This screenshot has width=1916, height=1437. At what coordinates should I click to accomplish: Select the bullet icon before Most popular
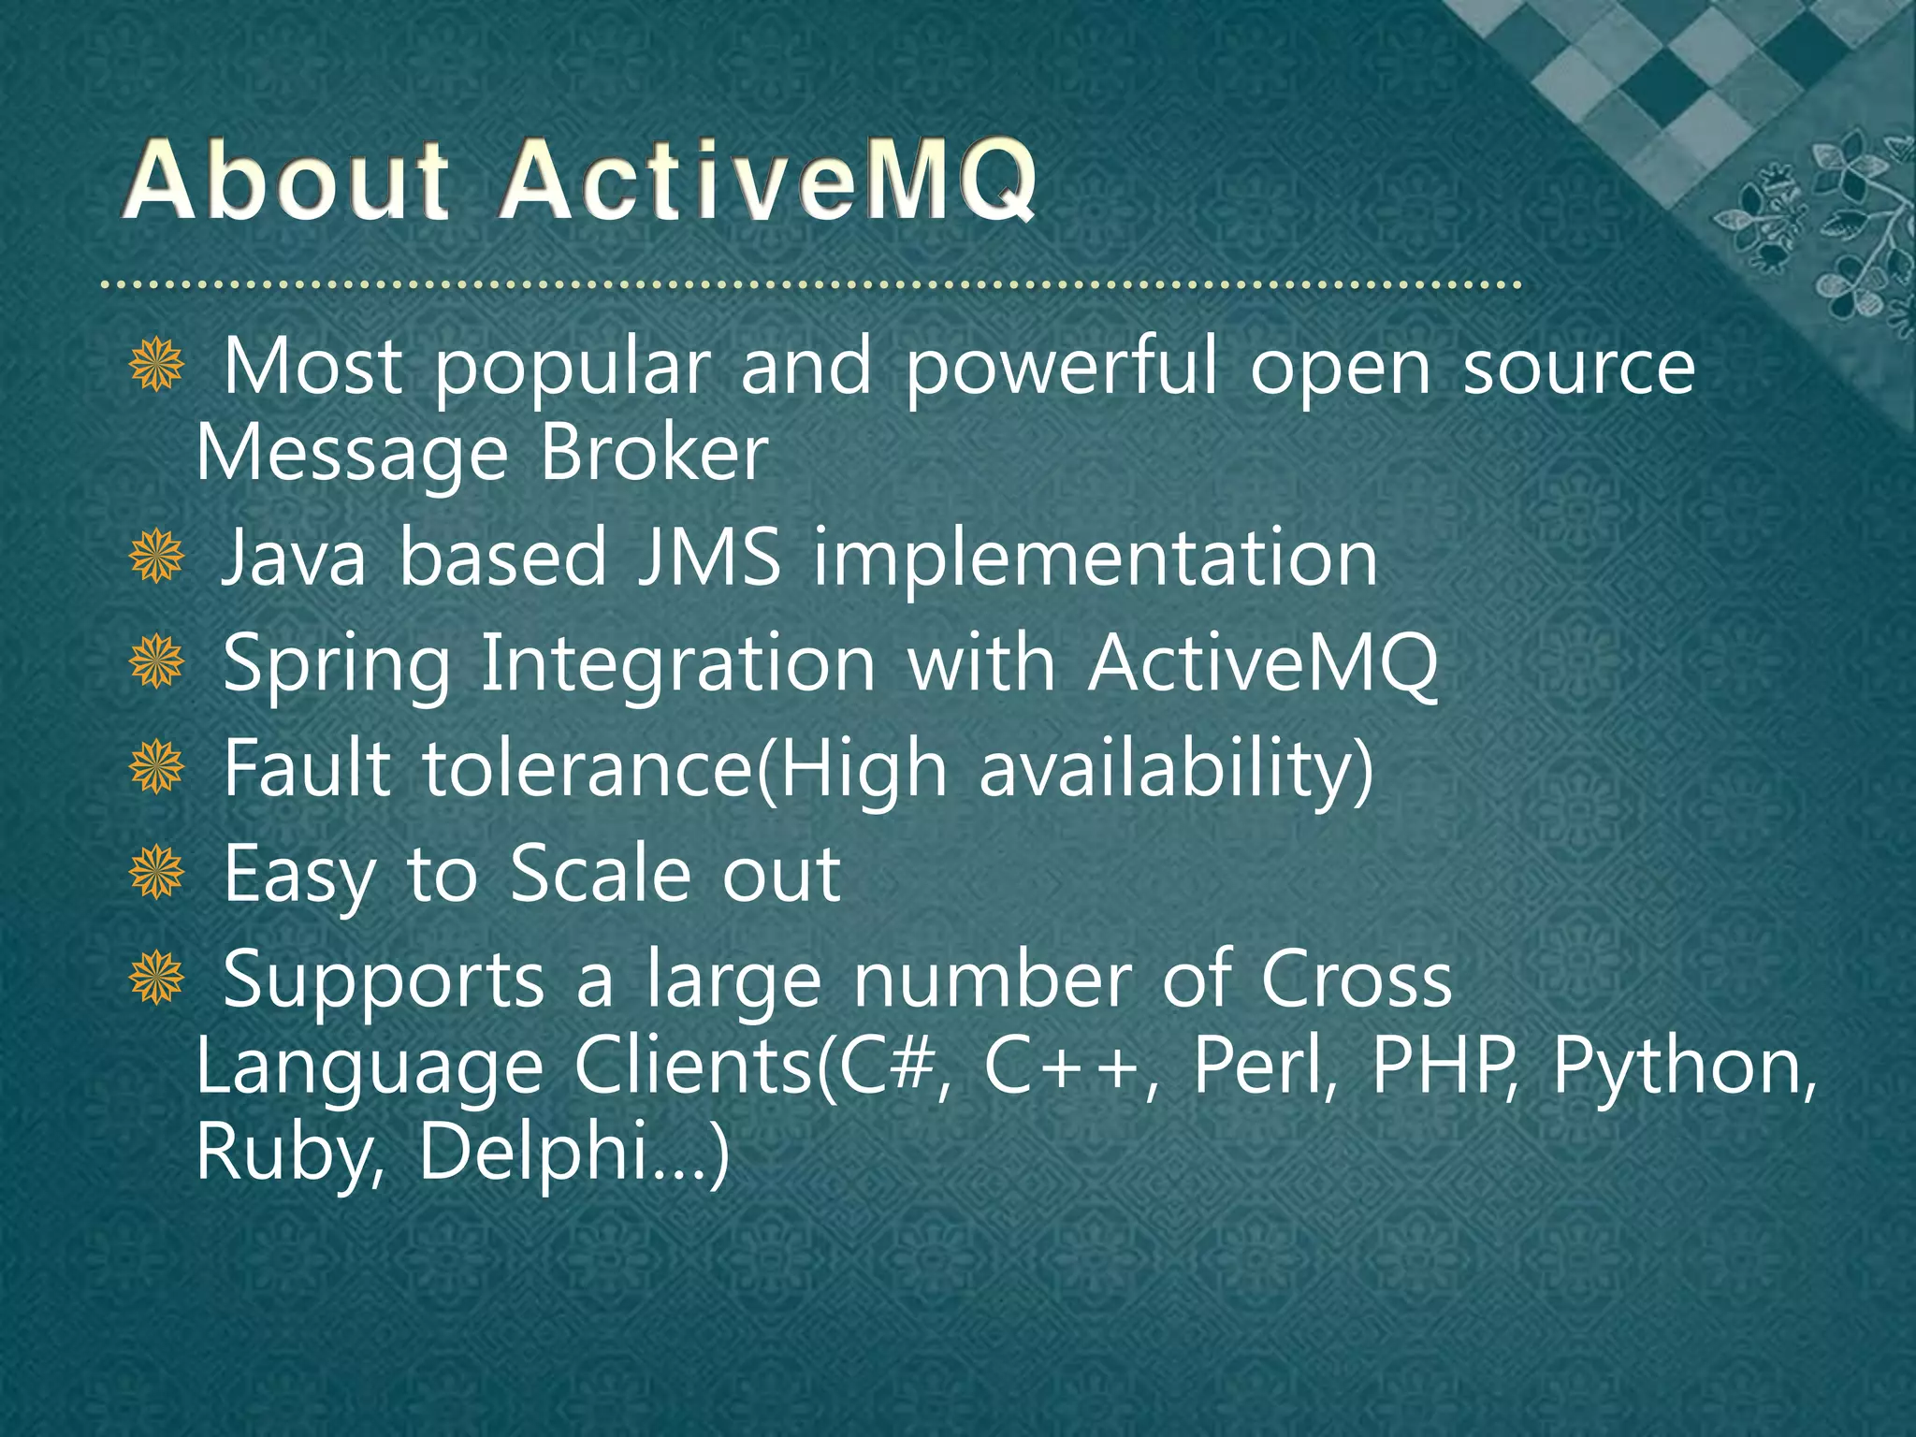156,366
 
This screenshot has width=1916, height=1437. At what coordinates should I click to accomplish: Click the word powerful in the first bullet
1061,368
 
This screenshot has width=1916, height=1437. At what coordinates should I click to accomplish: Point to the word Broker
654,454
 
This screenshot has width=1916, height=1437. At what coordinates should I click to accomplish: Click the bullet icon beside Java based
156,557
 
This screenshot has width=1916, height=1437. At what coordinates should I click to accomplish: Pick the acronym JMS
708,558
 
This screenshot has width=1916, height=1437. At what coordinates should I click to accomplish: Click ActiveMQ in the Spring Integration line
1262,663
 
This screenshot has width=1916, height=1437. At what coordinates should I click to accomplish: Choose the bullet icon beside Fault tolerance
156,768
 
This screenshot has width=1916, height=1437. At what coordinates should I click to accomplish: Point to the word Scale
600,873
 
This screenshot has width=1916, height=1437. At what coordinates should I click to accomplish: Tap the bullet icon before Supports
156,979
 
